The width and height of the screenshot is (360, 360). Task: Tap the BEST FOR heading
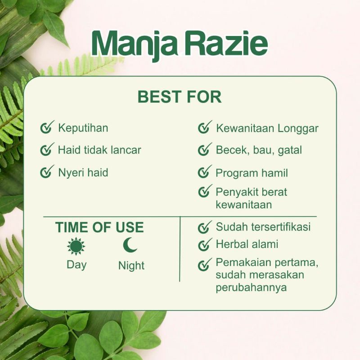point(179,97)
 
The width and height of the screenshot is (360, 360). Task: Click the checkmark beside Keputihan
point(47,128)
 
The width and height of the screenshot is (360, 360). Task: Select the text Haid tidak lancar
point(99,150)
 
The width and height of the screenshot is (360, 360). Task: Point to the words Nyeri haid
point(83,172)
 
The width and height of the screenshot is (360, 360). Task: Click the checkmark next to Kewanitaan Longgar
point(205,128)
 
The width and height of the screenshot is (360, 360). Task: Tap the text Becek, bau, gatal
point(259,150)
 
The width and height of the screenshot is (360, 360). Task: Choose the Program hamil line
point(252,173)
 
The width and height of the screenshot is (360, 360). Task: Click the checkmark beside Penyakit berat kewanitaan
point(205,192)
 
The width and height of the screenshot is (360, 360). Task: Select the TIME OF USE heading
point(99,227)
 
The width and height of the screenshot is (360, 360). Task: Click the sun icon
point(76,246)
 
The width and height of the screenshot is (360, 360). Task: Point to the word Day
point(76,265)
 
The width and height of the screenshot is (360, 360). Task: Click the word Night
point(131,265)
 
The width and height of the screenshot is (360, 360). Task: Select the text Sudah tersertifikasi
point(263,227)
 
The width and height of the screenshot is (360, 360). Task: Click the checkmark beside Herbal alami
point(205,245)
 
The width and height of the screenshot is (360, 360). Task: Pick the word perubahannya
point(251,288)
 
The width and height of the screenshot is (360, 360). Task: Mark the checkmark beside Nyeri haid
point(47,172)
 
